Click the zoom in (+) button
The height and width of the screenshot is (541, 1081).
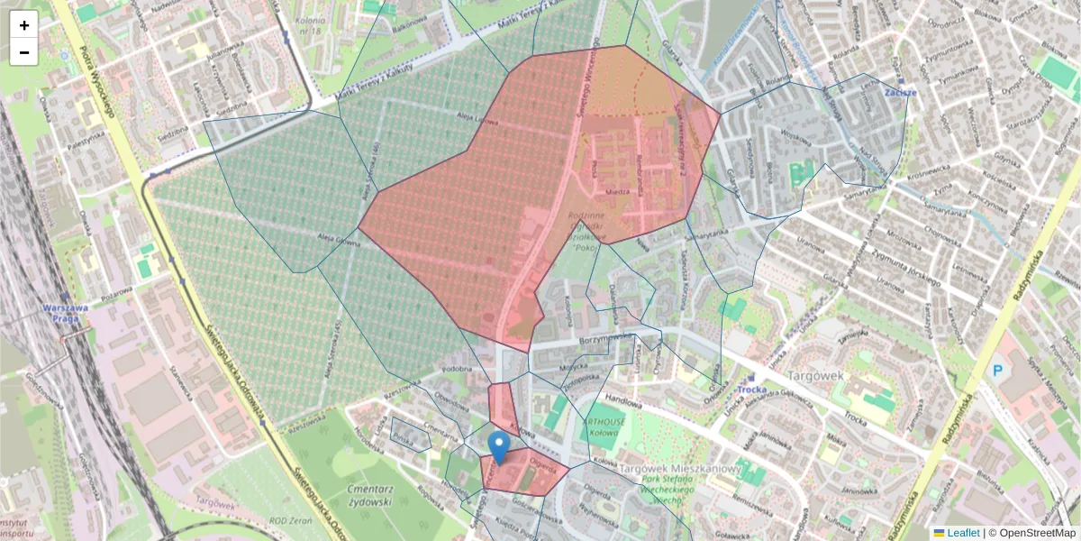click(x=24, y=25)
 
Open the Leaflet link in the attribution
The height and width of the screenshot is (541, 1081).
click(x=963, y=533)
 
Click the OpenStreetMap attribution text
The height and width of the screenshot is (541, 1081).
click(x=1037, y=533)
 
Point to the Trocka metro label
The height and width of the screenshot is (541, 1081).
click(x=752, y=390)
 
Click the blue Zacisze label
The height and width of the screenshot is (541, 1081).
click(x=900, y=92)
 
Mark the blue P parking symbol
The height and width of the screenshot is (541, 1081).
click(x=996, y=370)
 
